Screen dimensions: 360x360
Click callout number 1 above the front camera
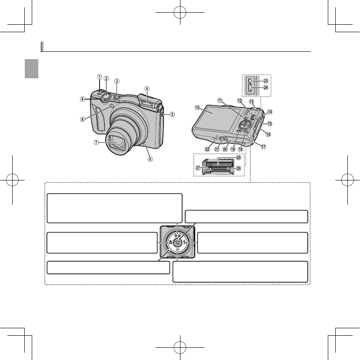[x=100, y=77]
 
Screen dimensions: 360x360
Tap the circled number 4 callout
[x=147, y=89]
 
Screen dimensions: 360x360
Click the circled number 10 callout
[x=197, y=107]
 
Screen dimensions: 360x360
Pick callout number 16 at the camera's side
[x=268, y=134]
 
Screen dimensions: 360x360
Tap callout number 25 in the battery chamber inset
[x=238, y=157]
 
